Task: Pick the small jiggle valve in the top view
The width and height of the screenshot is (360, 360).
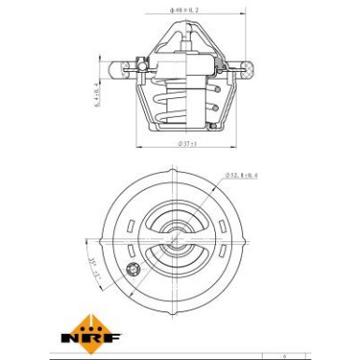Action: pos(132,271)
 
